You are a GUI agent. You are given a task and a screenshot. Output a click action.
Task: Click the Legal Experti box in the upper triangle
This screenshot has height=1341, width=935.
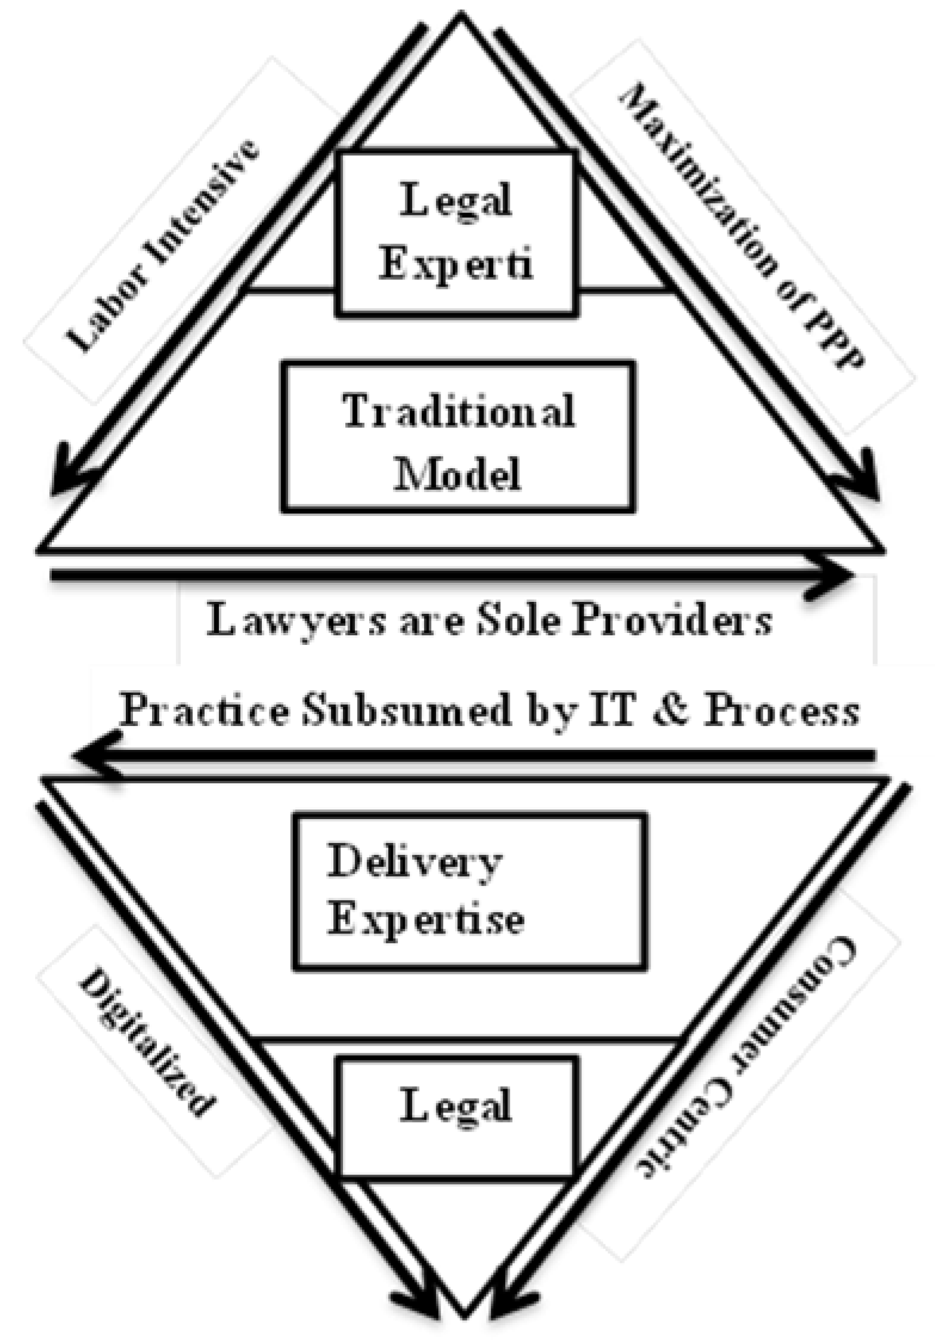(x=456, y=233)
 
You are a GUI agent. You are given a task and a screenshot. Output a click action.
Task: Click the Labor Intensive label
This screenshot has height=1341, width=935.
(x=162, y=246)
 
